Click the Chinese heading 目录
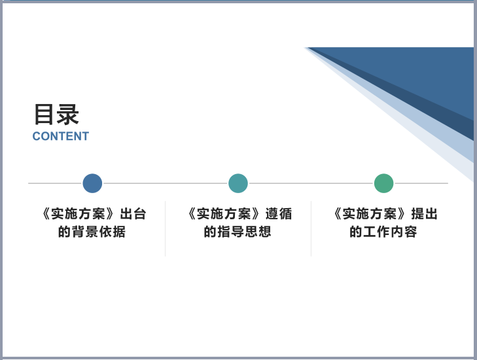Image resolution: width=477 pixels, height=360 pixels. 56,115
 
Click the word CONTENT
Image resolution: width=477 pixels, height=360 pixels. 61,136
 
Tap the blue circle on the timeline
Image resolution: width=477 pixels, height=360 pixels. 92,183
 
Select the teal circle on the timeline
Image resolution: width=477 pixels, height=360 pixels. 238,183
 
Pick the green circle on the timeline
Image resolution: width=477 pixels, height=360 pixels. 384,183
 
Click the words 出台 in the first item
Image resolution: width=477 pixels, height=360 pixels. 133,214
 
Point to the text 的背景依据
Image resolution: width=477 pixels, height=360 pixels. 92,232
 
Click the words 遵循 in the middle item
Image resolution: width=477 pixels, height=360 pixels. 279,214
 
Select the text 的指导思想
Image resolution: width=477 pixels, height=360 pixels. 238,232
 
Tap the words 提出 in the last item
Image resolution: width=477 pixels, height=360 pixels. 425,214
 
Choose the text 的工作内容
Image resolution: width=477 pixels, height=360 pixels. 383,232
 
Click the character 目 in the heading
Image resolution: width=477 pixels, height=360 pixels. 43,115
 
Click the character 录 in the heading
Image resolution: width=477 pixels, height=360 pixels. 68,115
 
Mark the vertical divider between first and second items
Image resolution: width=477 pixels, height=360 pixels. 165,228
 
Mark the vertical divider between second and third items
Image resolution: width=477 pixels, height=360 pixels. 311,228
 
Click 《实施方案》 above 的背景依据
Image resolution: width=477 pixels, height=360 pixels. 79,214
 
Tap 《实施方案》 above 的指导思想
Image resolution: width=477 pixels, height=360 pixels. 224,214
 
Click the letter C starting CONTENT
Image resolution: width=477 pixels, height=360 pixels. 37,136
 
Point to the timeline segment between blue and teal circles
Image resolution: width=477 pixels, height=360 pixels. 165,183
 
